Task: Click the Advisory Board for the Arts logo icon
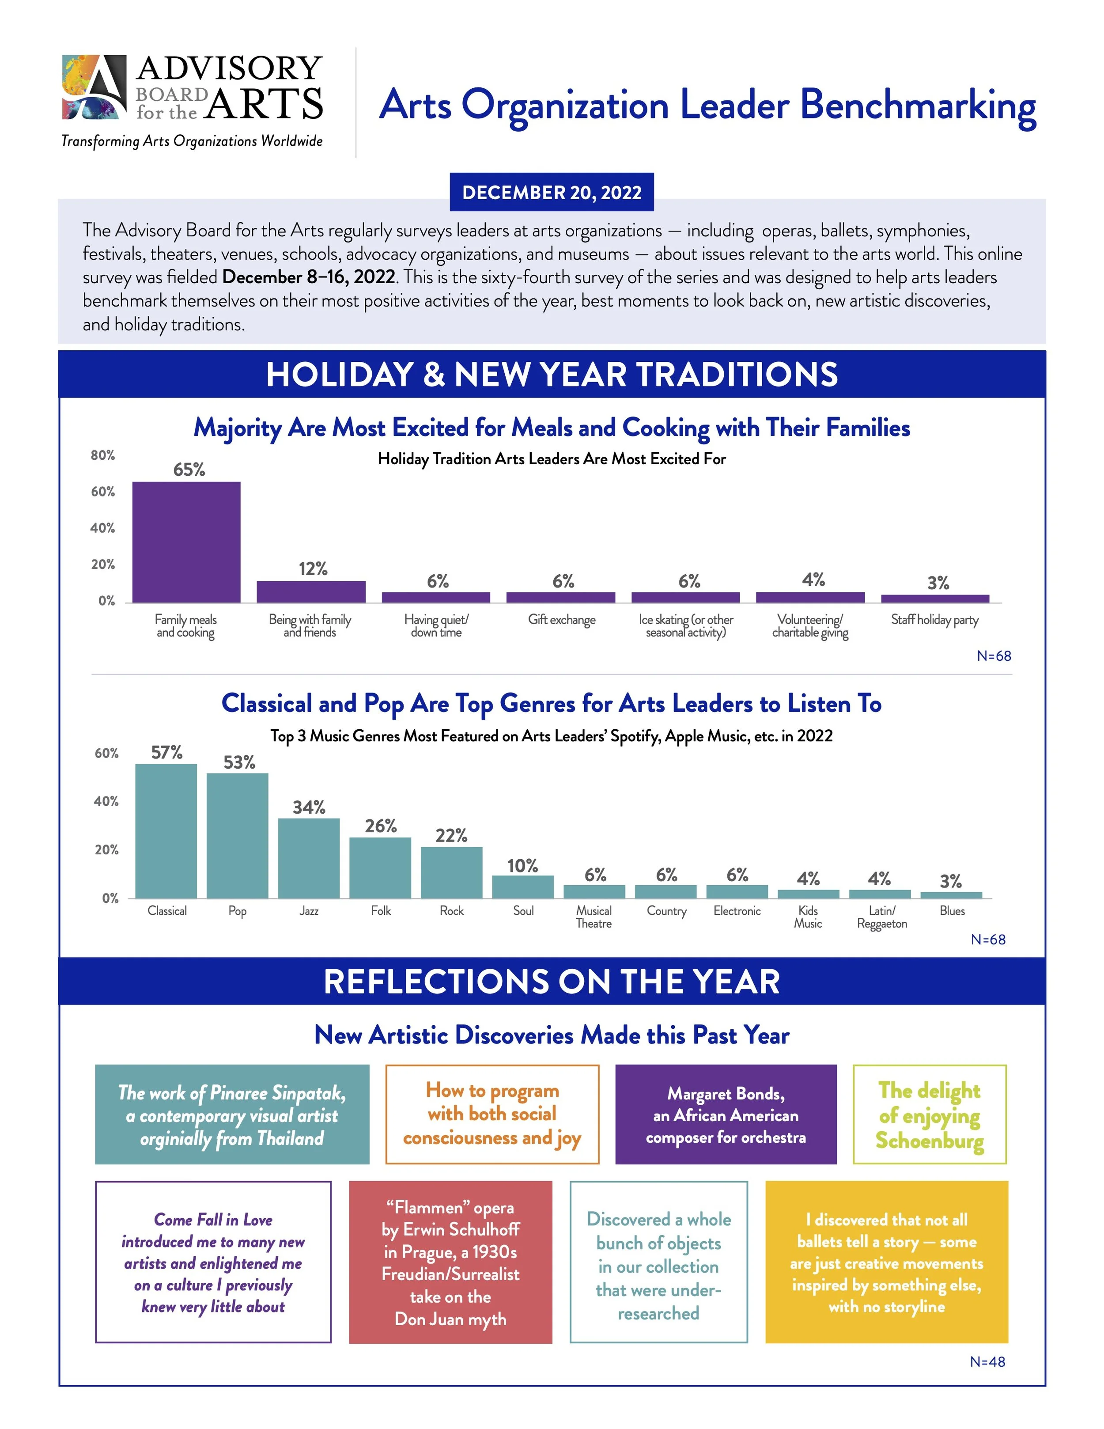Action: click(x=94, y=87)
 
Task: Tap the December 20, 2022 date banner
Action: click(x=552, y=192)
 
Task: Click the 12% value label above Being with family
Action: click(x=313, y=569)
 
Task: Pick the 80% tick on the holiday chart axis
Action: click(x=103, y=455)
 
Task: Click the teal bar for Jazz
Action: click(x=309, y=858)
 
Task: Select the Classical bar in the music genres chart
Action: click(x=166, y=831)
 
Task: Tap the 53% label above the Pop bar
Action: click(x=239, y=762)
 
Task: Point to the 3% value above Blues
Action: click(x=950, y=881)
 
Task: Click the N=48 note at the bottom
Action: click(x=987, y=1361)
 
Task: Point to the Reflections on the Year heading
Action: click(x=552, y=982)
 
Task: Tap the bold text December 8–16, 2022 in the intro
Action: click(x=308, y=277)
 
